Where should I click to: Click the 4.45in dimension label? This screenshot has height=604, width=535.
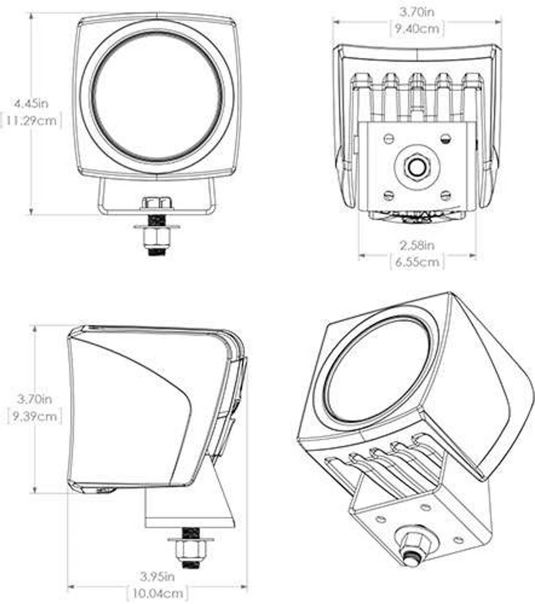(31, 103)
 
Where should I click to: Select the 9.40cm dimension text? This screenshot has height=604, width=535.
(417, 29)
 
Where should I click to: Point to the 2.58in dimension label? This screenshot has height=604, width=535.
(417, 245)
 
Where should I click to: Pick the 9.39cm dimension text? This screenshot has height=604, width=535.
(35, 417)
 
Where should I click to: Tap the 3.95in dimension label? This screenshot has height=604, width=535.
(157, 577)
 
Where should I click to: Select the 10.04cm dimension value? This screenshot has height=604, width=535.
(157, 593)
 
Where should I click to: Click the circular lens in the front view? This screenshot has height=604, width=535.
(157, 97)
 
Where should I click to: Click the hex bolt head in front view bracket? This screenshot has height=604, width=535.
(157, 203)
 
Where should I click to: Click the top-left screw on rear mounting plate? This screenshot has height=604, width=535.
(388, 138)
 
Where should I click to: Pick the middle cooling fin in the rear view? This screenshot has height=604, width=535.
(417, 94)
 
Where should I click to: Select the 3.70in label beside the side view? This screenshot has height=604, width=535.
(35, 399)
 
